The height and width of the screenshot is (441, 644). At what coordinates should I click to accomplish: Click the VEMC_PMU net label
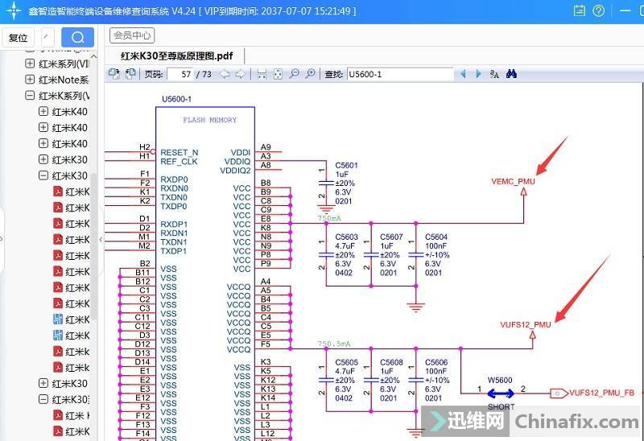click(513, 182)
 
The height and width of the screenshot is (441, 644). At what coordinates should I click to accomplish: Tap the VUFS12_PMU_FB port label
click(601, 394)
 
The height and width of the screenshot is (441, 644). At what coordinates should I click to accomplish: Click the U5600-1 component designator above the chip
click(176, 99)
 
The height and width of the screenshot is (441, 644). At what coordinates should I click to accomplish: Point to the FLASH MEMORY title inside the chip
click(209, 120)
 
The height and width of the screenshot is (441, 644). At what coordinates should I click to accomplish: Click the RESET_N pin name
click(179, 152)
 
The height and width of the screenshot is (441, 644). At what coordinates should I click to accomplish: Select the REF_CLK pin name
click(179, 162)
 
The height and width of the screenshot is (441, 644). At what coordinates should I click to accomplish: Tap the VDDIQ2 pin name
click(235, 171)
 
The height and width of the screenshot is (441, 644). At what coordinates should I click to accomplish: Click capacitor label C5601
click(346, 165)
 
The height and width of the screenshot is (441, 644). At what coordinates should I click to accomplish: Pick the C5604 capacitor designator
click(436, 237)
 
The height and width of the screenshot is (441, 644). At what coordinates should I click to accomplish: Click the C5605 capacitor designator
click(346, 362)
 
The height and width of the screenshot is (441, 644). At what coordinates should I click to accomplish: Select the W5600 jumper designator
click(499, 380)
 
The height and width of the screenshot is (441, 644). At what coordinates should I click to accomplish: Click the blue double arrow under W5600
click(500, 394)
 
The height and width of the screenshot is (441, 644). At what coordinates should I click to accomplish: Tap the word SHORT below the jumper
click(500, 406)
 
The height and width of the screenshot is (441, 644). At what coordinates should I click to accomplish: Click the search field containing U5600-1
click(399, 74)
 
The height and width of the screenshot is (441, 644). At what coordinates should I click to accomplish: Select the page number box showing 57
click(184, 74)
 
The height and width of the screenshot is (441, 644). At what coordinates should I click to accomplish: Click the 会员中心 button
click(132, 35)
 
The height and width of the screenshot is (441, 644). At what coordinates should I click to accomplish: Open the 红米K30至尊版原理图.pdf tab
click(176, 56)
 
